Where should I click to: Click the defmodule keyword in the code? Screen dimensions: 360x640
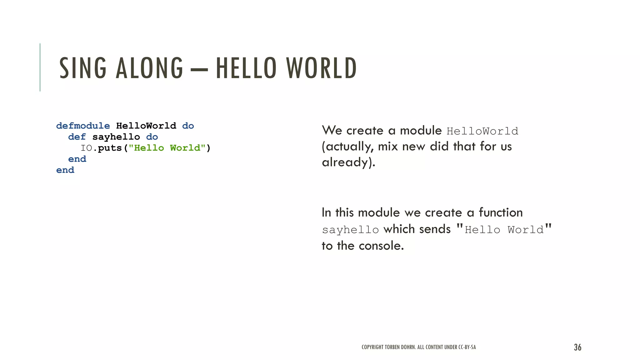83,126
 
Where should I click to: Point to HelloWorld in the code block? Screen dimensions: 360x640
146,126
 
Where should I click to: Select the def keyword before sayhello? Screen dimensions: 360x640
77,137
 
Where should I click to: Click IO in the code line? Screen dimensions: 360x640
87,148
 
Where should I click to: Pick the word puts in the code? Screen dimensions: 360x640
110,148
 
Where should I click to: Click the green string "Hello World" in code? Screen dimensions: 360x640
167,148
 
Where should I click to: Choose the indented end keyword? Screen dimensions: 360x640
77,159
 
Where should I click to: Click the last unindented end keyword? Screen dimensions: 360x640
65,170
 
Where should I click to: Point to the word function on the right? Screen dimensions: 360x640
501,212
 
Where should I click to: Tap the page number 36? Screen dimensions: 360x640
577,347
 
